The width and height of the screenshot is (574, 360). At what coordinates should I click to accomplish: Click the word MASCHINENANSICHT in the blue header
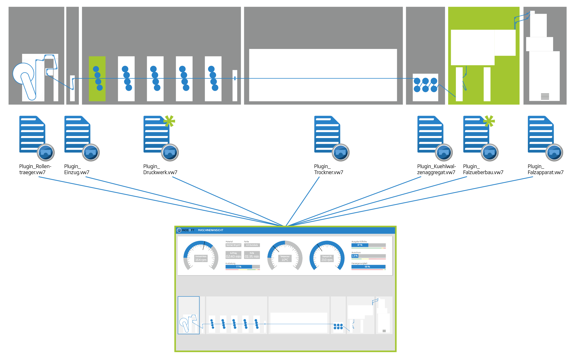point(210,230)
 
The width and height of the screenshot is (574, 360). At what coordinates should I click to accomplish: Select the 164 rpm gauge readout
point(201,260)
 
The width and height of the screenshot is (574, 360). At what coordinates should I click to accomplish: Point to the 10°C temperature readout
point(285,260)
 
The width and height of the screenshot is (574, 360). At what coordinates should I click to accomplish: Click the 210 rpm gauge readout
point(327,260)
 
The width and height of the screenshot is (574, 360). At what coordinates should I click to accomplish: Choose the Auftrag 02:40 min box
point(233,255)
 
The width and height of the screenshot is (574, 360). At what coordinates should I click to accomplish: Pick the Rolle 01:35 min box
point(252,255)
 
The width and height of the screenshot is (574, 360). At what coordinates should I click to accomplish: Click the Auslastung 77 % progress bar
point(242,267)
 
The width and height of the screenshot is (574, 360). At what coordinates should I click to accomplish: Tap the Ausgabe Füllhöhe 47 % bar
point(369,245)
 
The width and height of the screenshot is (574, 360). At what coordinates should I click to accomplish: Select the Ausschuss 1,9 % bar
point(369,256)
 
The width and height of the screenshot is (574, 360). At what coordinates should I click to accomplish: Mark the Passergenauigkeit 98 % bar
point(369,267)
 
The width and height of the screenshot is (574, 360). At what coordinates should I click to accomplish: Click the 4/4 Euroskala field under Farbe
point(252,245)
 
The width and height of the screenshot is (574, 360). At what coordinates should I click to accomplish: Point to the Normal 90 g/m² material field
point(233,245)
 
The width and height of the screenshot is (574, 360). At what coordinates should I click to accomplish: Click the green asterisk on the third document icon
point(169,121)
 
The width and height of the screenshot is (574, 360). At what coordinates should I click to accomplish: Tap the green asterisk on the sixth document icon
point(489,121)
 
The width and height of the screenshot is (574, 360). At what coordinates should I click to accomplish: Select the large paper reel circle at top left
point(23,74)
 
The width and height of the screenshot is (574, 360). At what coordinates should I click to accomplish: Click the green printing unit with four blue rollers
point(97,78)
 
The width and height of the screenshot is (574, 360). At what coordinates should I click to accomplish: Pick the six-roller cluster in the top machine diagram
point(425,85)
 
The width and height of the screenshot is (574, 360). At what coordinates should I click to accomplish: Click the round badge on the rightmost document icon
point(554,152)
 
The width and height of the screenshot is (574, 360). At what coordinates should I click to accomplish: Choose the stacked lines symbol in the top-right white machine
point(545,97)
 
